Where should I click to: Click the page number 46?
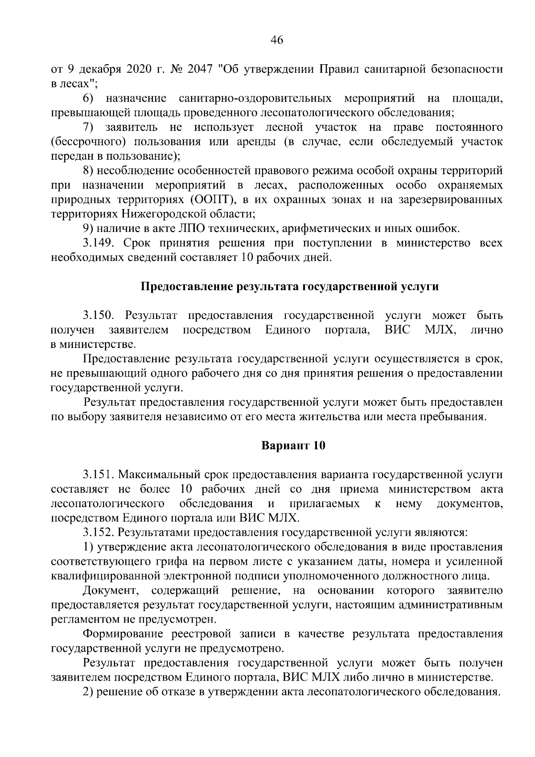(x=276, y=40)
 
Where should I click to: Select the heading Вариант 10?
(x=293, y=446)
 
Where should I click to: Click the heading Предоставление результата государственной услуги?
(x=290, y=287)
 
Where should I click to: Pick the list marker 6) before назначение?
(x=88, y=98)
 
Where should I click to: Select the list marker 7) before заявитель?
(x=88, y=128)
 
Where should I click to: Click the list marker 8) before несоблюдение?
(x=88, y=171)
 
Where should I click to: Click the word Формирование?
(x=124, y=634)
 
